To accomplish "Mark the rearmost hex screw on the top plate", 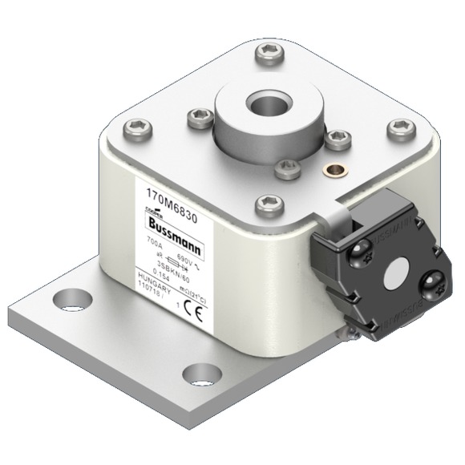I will (267, 55).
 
